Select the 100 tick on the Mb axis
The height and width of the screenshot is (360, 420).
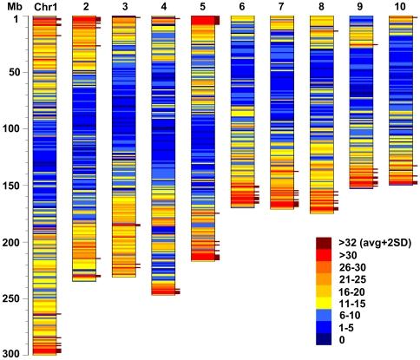click(x=13, y=129)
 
